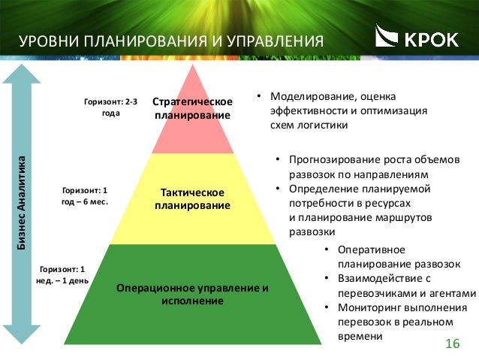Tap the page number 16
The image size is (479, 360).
point(451,343)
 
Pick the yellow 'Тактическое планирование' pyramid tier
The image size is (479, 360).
point(192,199)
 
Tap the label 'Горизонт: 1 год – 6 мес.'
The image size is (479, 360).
point(85,197)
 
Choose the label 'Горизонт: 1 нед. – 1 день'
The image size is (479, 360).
point(64,274)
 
